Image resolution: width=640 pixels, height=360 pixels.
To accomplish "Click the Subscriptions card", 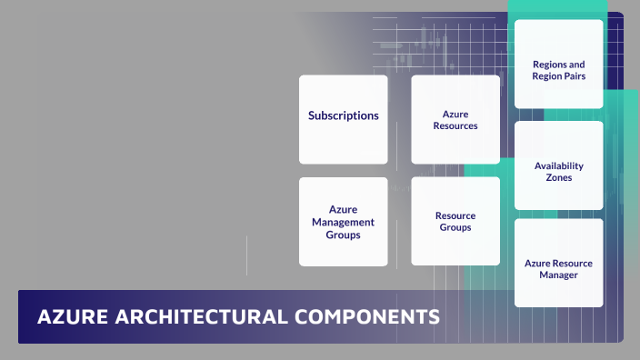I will coord(343,119).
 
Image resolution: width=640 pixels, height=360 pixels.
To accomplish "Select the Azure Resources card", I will coord(455,119).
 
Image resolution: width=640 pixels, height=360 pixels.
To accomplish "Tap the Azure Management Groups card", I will coord(343,222).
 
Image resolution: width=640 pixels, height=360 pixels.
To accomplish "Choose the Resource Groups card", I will coord(455,222).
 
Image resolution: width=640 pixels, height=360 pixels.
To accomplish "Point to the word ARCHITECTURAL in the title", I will coord(193,317).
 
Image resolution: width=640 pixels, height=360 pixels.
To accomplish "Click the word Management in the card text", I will coord(343,222).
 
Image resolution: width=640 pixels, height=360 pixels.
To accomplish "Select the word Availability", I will coord(559,166).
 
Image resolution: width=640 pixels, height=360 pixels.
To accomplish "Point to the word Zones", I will coord(559,178).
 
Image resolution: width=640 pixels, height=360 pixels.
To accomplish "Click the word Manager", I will coord(558,275).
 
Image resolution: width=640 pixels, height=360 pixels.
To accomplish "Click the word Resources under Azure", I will coord(455,125).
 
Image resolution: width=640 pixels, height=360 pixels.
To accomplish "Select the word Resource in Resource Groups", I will coord(455,215).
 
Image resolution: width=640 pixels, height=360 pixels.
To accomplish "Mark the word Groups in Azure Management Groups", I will coord(343,235).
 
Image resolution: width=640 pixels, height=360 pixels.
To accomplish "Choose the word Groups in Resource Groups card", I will coord(455,227).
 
